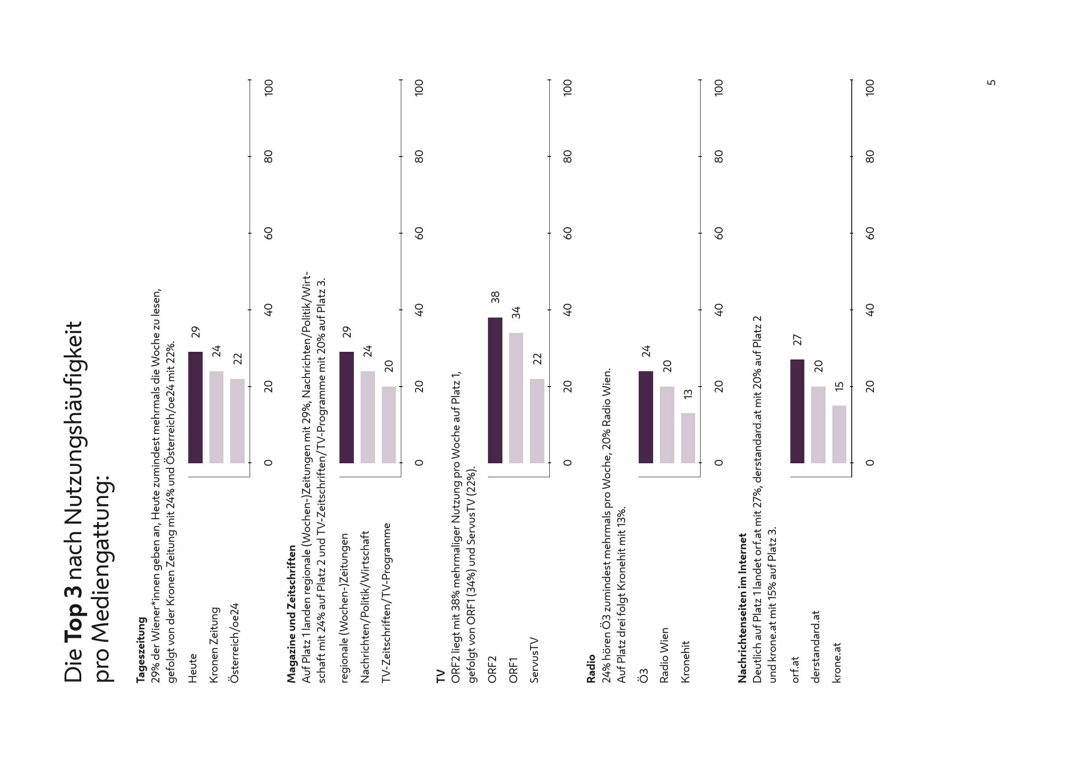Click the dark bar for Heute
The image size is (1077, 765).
click(x=195, y=407)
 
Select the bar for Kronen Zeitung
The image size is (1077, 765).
click(x=216, y=417)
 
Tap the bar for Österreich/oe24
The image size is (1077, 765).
click(x=237, y=421)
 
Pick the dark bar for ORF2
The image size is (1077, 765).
click(x=495, y=391)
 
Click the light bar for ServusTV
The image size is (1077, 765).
click(x=537, y=421)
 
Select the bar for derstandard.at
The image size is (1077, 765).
click(x=818, y=425)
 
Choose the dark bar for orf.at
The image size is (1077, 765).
click(x=797, y=411)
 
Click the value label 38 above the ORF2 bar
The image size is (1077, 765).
click(x=495, y=297)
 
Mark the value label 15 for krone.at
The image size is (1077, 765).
click(x=839, y=386)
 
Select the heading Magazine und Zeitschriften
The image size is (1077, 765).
click(x=292, y=614)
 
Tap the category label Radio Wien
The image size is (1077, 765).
click(x=664, y=655)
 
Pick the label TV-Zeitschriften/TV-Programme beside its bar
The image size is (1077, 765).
click(x=386, y=603)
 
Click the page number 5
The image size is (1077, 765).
click(x=991, y=83)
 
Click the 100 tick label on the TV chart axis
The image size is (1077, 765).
click(x=567, y=88)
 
